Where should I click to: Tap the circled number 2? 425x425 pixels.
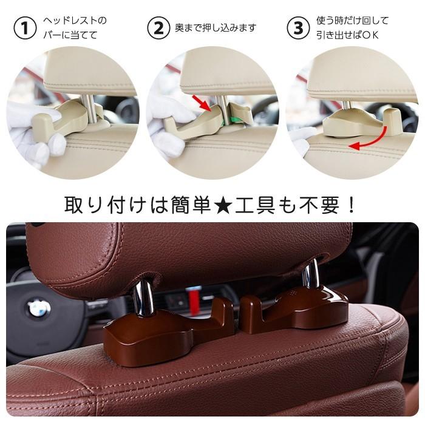(160, 28)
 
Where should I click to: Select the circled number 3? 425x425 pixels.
(297, 28)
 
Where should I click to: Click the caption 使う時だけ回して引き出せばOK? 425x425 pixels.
(352, 28)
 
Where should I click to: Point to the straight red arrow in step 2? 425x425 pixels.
(203, 103)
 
